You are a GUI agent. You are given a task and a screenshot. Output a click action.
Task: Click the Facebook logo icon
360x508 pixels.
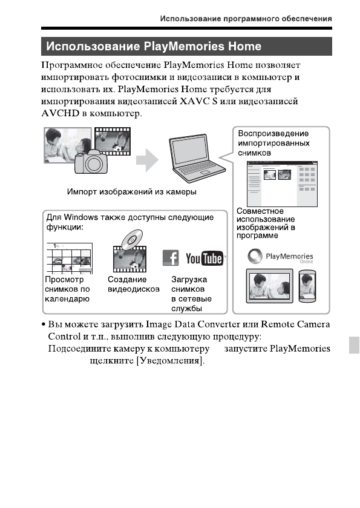click(x=171, y=259)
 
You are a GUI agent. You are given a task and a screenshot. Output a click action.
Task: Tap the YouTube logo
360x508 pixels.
click(x=204, y=259)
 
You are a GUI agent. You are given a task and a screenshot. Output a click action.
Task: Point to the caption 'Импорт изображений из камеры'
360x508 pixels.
click(x=132, y=192)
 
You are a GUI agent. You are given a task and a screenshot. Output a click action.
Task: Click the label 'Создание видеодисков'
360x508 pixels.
click(x=133, y=285)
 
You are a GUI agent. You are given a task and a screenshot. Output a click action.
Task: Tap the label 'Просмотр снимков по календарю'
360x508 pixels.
click(x=68, y=289)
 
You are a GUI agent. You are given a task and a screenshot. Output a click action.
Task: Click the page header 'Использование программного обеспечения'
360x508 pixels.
click(x=245, y=19)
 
